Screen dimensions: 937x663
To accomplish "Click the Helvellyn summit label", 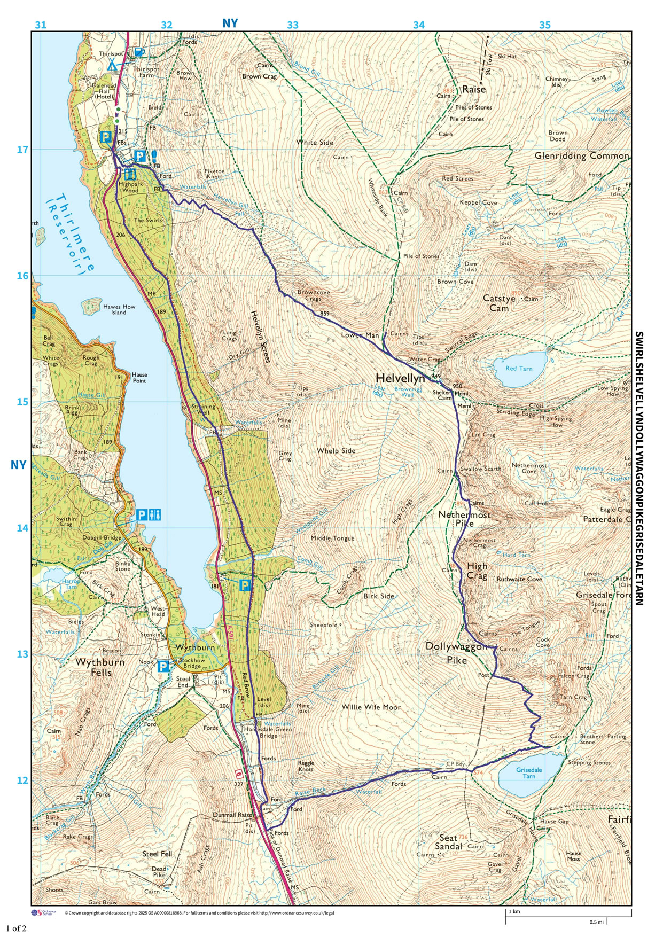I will click(x=400, y=378).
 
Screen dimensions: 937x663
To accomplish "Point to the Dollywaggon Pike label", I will click(x=456, y=653).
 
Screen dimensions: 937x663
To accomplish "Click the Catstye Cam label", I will click(x=499, y=303).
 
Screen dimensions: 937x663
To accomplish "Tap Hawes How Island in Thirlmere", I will click(x=92, y=306).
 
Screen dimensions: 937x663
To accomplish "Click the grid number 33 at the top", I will click(x=293, y=25).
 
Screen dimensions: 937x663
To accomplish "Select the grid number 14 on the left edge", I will click(x=22, y=528).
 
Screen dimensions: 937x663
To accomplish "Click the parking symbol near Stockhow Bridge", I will click(x=163, y=666).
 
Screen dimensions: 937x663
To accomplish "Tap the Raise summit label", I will click(x=474, y=89).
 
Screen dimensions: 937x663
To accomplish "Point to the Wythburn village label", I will click(x=195, y=647).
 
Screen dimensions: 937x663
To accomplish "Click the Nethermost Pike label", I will click(x=464, y=519).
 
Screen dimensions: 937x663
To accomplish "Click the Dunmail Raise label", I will click(x=232, y=815).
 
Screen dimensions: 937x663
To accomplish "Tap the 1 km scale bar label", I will click(x=514, y=911).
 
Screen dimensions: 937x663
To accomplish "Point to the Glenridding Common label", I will click(x=582, y=156).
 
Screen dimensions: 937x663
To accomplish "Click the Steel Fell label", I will click(x=157, y=854).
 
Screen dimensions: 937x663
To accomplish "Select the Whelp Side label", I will click(x=336, y=450).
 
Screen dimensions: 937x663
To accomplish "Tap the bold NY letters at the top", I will click(x=230, y=23).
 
